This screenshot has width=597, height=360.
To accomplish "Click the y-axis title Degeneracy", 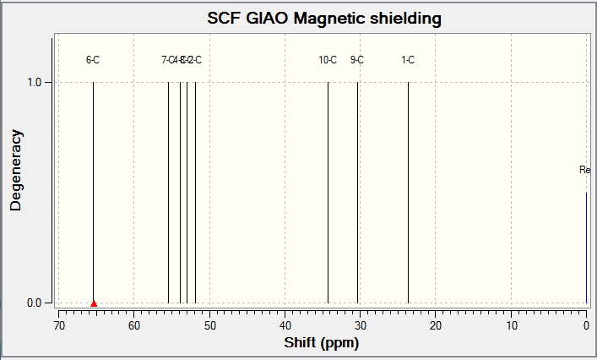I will tap(16, 169).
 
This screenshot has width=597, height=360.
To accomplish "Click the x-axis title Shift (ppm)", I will tap(323, 345).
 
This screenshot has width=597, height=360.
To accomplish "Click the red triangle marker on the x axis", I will tap(94, 303).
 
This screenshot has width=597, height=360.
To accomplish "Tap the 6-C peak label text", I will tap(93, 60).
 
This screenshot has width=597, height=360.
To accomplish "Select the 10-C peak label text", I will tap(328, 60).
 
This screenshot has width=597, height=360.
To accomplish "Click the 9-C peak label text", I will tap(357, 60).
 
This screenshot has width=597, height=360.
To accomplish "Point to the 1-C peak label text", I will tap(408, 60).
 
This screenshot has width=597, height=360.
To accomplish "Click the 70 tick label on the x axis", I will tap(59, 326).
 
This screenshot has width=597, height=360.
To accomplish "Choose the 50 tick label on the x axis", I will tap(209, 326).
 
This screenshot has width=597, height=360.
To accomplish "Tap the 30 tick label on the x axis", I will tap(360, 326).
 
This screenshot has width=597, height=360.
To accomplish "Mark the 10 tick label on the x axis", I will tap(511, 326).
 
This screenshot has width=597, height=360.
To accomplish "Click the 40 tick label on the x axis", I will tap(285, 326).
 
